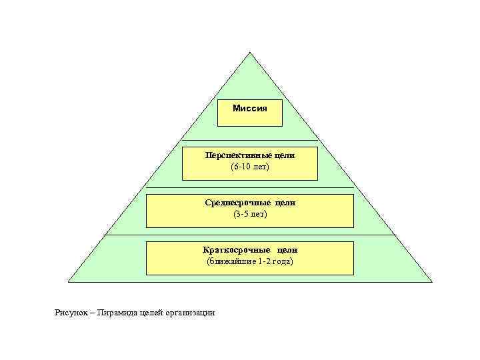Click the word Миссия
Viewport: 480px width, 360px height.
[250, 108]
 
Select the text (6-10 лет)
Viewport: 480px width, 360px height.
[250, 166]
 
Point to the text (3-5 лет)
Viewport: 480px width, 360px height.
[250, 213]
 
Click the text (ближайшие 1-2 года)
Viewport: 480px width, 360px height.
[250, 261]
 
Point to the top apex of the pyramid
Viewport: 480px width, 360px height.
[250, 52]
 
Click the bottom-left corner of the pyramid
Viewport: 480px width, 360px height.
[68, 283]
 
